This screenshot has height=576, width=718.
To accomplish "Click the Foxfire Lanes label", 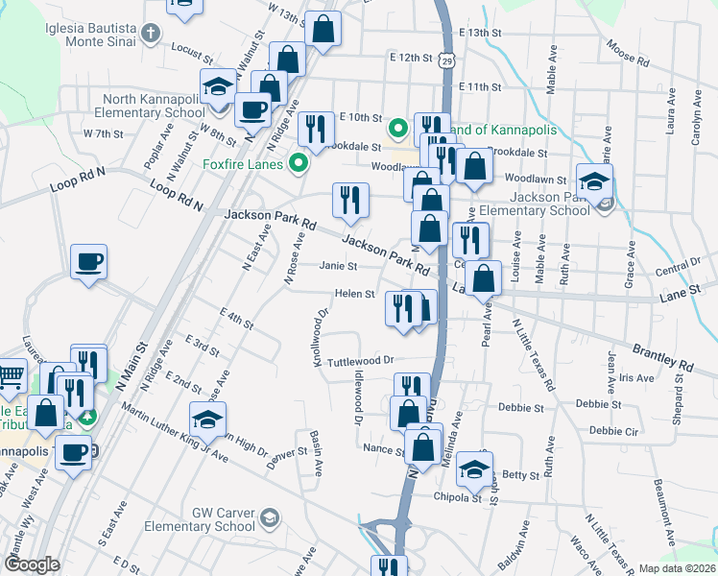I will (x=243, y=164).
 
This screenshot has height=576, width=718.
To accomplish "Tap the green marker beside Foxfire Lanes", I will (x=298, y=164).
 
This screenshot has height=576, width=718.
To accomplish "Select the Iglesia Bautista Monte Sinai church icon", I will (x=149, y=35).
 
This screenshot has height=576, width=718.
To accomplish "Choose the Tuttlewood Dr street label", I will (x=361, y=361).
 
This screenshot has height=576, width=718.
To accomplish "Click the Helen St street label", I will (x=354, y=294).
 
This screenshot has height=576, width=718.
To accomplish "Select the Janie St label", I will (x=338, y=266).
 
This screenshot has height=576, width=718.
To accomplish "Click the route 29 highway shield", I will (x=447, y=60).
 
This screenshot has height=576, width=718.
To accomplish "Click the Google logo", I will (x=33, y=564).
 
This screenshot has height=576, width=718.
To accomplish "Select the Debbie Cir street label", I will (x=614, y=431).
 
